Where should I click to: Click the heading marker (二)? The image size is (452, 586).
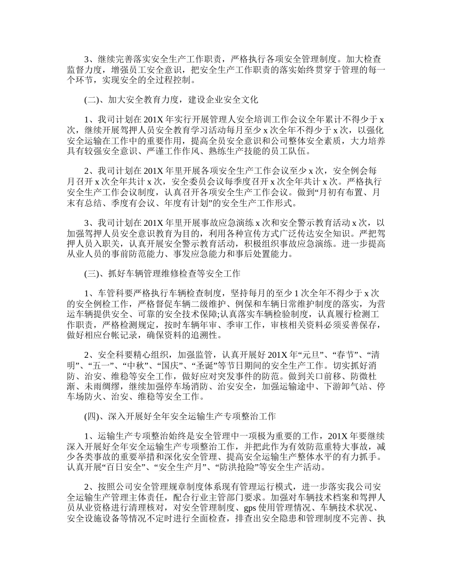tap(91, 100)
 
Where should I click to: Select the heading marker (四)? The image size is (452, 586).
tap(91, 416)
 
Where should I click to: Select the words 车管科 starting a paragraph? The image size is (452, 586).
tap(111, 293)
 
